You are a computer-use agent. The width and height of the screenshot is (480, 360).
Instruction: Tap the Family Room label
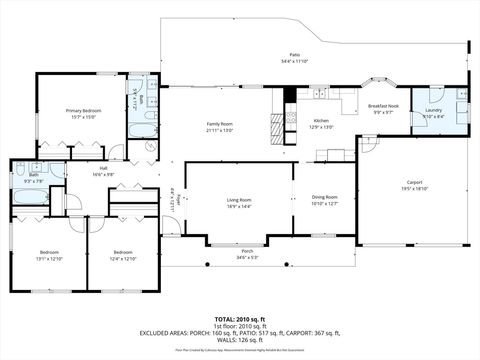220,127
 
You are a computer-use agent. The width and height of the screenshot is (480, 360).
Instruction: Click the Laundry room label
434,113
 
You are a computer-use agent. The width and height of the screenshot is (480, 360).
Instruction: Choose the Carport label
415,184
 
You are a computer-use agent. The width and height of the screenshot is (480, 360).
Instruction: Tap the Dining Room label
324,200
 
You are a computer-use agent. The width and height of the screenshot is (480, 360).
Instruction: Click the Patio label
295,57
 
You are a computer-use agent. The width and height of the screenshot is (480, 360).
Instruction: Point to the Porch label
247,253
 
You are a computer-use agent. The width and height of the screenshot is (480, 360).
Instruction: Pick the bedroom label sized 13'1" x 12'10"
49,255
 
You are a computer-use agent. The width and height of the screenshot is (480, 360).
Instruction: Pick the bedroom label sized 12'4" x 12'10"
123,255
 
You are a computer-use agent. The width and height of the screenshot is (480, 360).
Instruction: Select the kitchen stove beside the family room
278,124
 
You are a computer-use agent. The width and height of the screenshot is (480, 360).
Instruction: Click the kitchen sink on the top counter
322,94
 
